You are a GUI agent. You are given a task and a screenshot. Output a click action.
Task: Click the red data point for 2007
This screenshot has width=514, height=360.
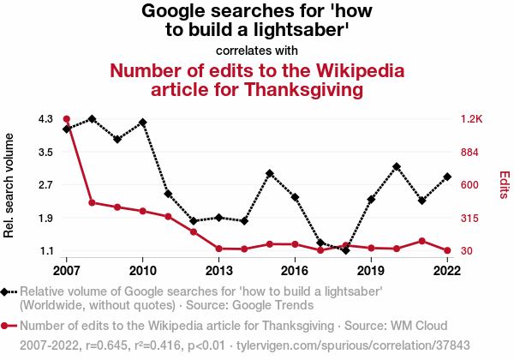67,118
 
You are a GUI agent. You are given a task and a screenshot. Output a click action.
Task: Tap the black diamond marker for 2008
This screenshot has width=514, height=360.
92,118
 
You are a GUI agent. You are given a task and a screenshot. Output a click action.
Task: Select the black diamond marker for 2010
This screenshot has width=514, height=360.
142,123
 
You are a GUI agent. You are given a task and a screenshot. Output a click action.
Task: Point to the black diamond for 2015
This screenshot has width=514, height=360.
270,173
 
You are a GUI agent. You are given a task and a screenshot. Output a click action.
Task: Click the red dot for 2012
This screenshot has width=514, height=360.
194,231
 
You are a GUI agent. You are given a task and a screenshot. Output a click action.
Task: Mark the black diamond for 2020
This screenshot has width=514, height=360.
397,166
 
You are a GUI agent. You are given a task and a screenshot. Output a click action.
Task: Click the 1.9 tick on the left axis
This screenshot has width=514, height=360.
45,218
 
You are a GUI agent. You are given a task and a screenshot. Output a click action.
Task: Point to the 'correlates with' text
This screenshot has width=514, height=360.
256,49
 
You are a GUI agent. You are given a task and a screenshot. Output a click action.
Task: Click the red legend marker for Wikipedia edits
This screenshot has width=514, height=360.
7,326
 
